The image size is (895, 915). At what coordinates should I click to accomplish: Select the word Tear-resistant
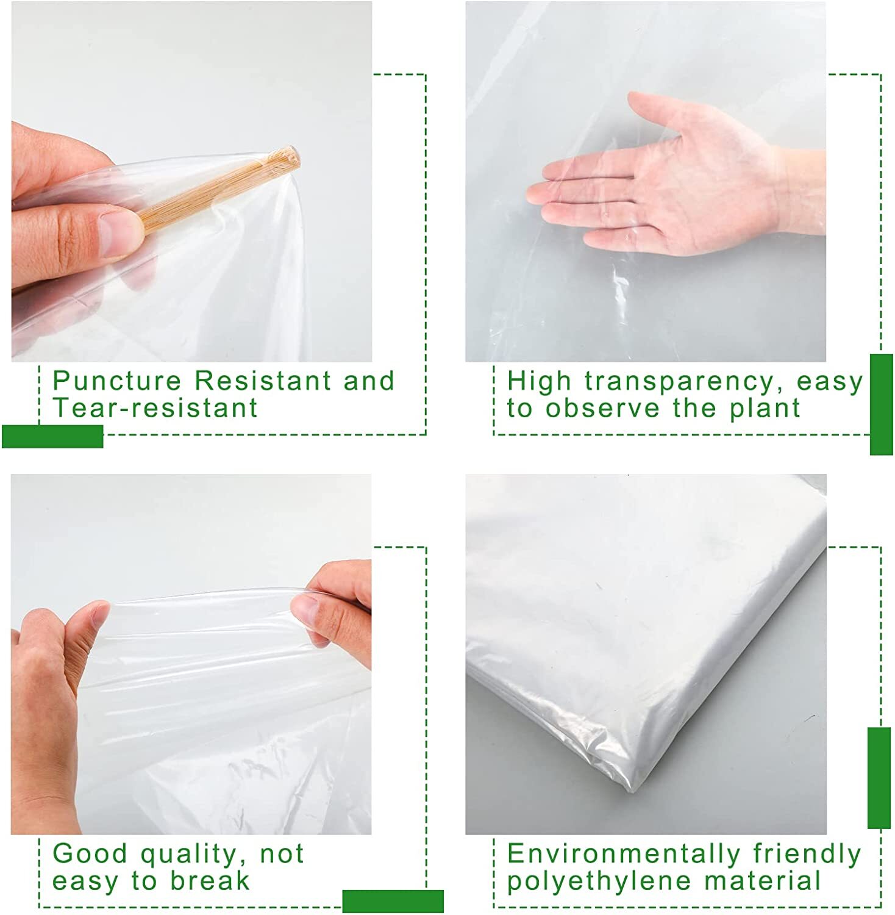[155, 408]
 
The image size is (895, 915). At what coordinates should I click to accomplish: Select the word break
[210, 881]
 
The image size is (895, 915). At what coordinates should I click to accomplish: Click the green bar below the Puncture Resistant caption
[52, 436]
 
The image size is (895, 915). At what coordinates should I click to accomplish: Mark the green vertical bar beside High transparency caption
[881, 404]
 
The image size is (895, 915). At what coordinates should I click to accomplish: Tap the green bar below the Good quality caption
[393, 901]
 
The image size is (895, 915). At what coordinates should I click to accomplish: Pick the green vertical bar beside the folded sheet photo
[879, 777]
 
